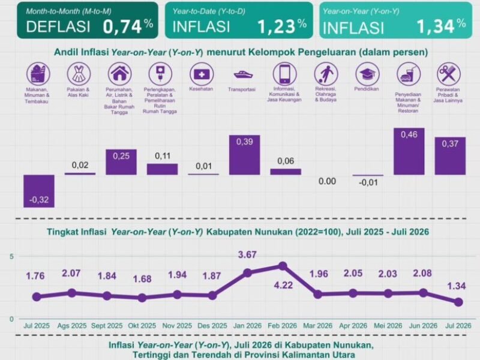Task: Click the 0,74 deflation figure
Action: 128,26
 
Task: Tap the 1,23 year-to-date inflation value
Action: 281,26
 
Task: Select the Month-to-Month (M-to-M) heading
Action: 68,11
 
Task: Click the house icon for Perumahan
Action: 119,74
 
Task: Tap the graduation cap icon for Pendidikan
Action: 367,74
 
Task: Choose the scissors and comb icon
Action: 448,74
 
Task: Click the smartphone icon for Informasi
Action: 284,74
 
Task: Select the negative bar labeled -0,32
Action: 39,191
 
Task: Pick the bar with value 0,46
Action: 409,151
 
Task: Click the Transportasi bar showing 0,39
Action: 245,155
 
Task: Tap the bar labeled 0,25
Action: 121,162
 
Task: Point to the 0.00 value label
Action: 327,181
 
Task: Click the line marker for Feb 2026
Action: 283,266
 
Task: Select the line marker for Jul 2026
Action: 458,302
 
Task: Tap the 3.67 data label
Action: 247,254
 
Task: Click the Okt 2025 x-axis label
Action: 142,326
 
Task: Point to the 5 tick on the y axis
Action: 11,257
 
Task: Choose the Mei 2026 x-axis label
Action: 388,326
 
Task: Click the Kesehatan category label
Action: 201,89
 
